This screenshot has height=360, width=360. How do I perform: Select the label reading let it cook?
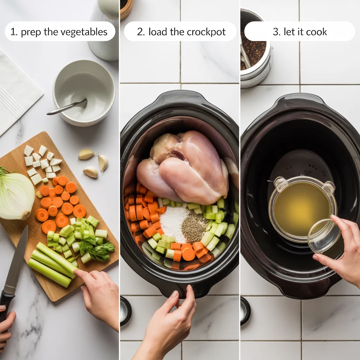point(300,32)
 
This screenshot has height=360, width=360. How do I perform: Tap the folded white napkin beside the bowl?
point(18,91)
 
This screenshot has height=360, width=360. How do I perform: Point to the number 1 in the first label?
point(13,32)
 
